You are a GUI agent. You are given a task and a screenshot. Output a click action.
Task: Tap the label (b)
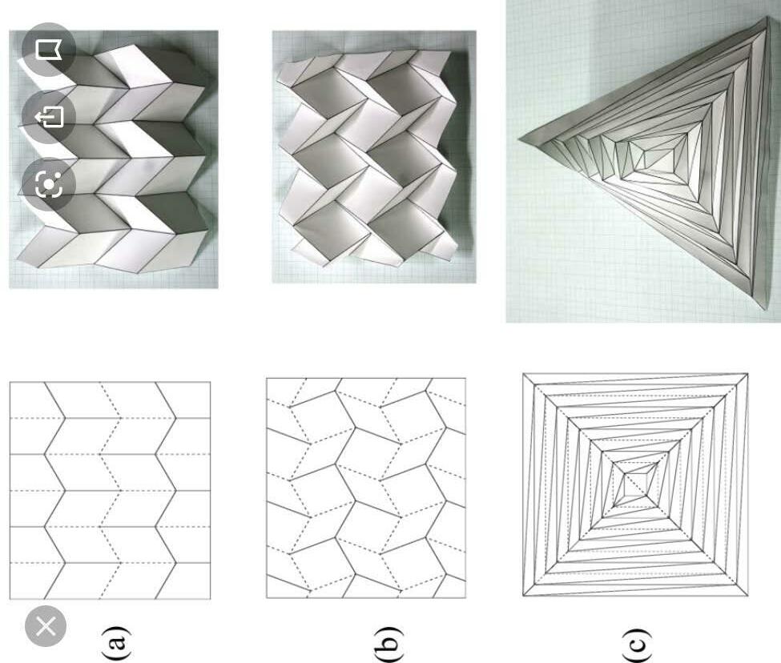click(x=388, y=644)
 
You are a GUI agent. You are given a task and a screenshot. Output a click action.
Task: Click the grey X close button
click(x=46, y=626)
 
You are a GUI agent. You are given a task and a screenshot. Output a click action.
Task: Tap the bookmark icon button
click(x=49, y=50)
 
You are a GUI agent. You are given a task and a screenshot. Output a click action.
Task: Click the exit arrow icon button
click(x=49, y=117)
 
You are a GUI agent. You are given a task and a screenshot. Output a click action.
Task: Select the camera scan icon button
click(x=49, y=185)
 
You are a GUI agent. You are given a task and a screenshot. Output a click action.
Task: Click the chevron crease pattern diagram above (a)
click(x=110, y=490)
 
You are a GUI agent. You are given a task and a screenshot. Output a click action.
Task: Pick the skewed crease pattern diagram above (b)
click(x=366, y=488)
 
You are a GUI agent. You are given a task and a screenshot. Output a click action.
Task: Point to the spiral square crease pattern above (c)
click(x=635, y=484)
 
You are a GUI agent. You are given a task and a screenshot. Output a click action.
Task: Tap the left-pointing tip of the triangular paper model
click(x=519, y=139)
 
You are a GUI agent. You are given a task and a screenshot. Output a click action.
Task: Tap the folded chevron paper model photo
click(x=114, y=159)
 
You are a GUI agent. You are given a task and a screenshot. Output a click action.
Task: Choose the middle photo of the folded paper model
click(x=374, y=157)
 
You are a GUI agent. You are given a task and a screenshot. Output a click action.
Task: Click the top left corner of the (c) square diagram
click(x=523, y=373)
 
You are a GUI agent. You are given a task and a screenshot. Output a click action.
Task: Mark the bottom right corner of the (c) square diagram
click(x=747, y=595)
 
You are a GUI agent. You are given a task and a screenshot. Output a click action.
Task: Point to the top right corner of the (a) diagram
click(x=210, y=382)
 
